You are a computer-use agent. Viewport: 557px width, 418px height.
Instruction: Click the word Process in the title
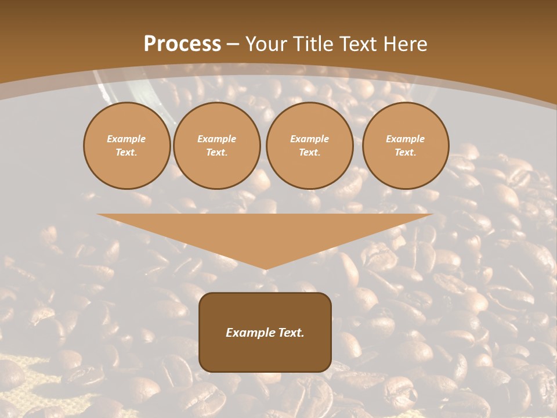tap(182, 44)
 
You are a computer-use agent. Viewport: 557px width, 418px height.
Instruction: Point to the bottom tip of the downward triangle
tap(265, 268)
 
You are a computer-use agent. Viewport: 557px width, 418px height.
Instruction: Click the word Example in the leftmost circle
tap(126, 139)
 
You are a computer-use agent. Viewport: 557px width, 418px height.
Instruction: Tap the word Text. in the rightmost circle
tap(406, 152)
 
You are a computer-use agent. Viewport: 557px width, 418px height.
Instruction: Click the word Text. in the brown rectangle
tap(292, 333)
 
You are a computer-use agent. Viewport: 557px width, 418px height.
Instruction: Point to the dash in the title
tap(233, 44)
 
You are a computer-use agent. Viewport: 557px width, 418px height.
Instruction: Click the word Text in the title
tap(359, 44)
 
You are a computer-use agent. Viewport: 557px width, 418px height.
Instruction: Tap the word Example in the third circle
tap(310, 139)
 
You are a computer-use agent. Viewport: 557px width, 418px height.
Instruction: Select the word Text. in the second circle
tap(217, 152)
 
